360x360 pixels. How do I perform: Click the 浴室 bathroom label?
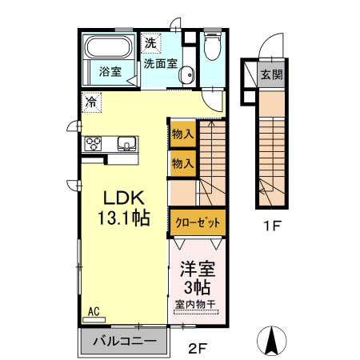click(110, 72)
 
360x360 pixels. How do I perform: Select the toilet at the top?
click(211, 49)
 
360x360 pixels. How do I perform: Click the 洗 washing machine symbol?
click(150, 42)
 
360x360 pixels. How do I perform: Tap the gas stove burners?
click(94, 145)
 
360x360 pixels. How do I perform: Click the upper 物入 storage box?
click(182, 134)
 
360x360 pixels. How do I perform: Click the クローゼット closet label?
click(196, 222)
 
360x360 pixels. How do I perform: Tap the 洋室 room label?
click(197, 269)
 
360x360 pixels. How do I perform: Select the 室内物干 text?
click(196, 305)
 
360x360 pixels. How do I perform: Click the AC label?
click(93, 311)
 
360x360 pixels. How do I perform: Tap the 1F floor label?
click(273, 227)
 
